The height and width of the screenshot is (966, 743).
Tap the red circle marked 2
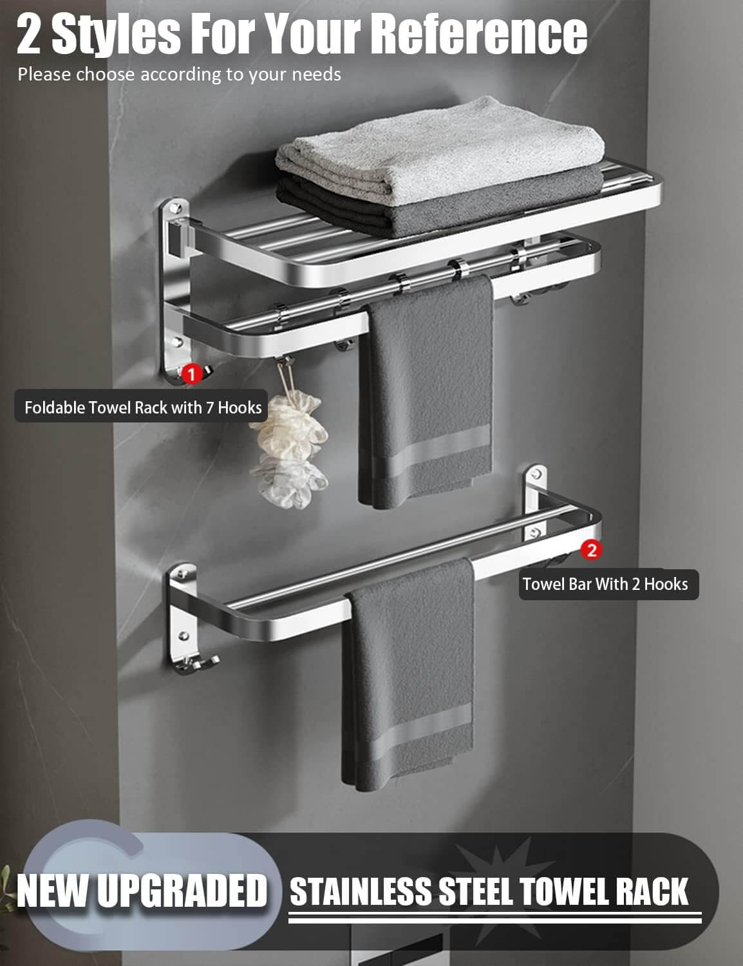click(x=591, y=550)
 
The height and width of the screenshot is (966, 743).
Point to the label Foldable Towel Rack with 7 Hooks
click(x=142, y=408)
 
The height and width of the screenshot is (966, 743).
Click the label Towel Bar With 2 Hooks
click(x=605, y=584)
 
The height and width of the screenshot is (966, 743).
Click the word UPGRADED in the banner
click(x=187, y=891)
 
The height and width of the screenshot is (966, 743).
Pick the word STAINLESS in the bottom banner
click(x=361, y=892)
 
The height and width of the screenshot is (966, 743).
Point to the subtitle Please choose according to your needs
click(x=179, y=75)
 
